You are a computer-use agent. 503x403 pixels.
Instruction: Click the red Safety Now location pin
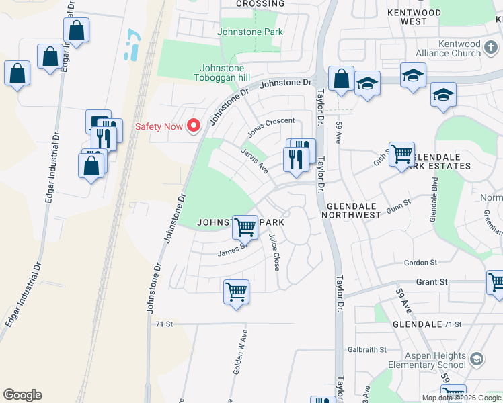click(194, 126)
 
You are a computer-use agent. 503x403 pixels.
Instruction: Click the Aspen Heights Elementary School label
click(426, 360)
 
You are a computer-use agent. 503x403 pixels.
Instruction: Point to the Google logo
click(22, 395)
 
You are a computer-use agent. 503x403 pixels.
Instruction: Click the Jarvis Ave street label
click(255, 161)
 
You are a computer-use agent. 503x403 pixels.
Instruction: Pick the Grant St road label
click(432, 282)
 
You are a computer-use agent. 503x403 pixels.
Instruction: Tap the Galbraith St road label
click(367, 349)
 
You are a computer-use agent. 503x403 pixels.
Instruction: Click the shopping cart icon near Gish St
click(401, 154)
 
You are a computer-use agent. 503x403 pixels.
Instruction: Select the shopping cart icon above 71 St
click(236, 292)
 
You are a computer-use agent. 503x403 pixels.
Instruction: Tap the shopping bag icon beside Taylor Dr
click(342, 79)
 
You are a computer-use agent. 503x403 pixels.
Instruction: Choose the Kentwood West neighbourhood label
click(415, 17)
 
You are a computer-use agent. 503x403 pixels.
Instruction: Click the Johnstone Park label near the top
click(250, 32)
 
